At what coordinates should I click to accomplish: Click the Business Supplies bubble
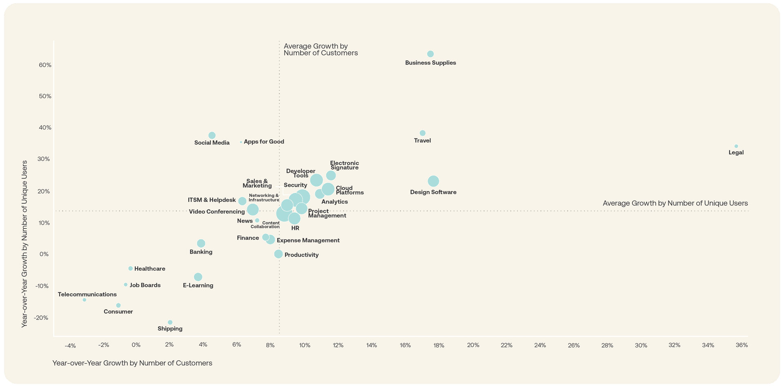(430, 54)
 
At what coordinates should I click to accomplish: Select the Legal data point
(736, 146)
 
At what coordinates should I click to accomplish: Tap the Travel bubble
(423, 133)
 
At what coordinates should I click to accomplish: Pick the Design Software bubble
(433, 181)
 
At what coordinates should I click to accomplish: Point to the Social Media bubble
(212, 136)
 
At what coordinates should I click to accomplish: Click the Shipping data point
(170, 322)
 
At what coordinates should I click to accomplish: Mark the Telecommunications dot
(85, 300)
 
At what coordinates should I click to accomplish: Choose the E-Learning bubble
(198, 277)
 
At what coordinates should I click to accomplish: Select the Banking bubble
(201, 244)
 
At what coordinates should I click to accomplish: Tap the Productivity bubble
(278, 254)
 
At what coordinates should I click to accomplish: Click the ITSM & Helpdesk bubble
(242, 201)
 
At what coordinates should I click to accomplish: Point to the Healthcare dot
(131, 268)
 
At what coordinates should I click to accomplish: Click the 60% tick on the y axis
(45, 65)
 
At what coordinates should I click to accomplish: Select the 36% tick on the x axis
(742, 345)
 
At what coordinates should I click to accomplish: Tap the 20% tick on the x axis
(473, 345)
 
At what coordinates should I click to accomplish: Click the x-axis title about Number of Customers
(132, 363)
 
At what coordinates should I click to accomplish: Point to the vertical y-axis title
(24, 244)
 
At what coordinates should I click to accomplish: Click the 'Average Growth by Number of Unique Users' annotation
(675, 203)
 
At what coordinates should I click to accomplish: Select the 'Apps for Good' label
(264, 142)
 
